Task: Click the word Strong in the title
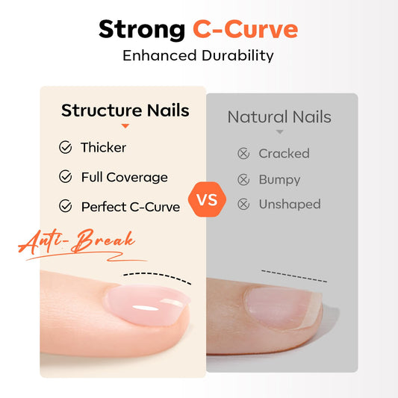(x=141, y=30)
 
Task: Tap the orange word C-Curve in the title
(x=245, y=30)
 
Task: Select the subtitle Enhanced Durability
(x=198, y=55)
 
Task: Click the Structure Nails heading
(x=125, y=111)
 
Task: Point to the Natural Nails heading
(x=279, y=117)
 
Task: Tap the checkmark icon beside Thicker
(x=66, y=148)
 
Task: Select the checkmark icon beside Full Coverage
(x=66, y=177)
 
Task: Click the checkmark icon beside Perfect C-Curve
(x=66, y=206)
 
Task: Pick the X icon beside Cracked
(x=243, y=154)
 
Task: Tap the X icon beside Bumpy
(x=243, y=180)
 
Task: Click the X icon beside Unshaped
(x=243, y=204)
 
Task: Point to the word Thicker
(x=104, y=148)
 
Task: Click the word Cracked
(x=284, y=154)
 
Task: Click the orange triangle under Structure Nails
(x=125, y=127)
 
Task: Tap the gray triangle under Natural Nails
(x=279, y=132)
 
